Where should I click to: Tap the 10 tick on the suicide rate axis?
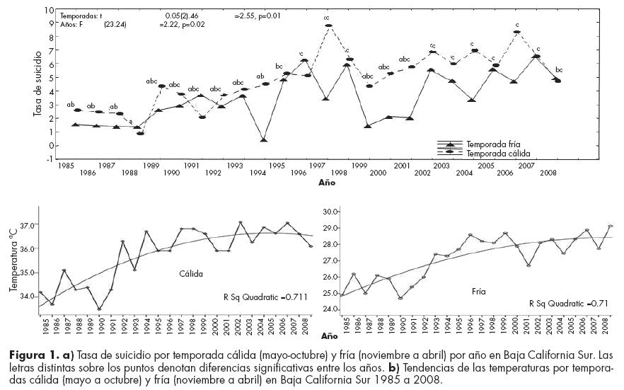point(50,11)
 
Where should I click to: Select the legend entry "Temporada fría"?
point(493,143)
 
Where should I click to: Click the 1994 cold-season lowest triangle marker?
point(264,140)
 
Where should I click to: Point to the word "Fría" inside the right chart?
point(479,291)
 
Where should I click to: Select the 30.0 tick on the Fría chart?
point(331,211)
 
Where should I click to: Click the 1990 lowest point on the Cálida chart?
point(99,309)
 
